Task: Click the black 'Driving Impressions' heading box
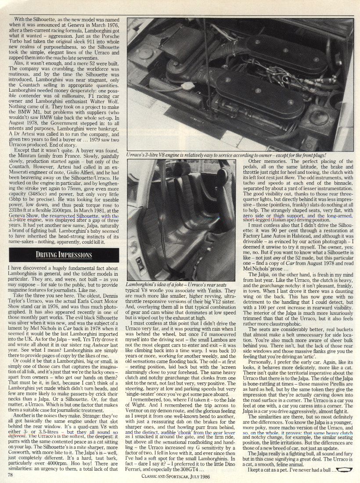click(x=64, y=255)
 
